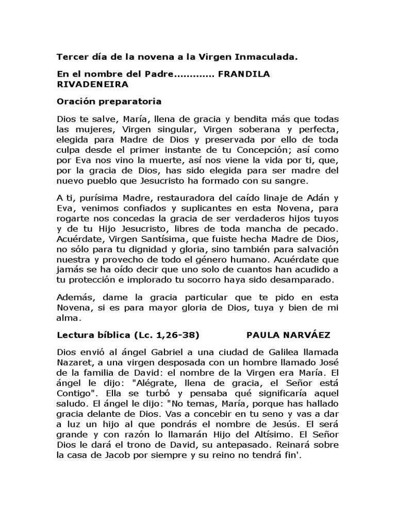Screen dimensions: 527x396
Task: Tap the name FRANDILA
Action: pos(244,75)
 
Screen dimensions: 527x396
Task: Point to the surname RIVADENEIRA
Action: pos(93,83)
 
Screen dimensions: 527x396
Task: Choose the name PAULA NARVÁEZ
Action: pos(289,335)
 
